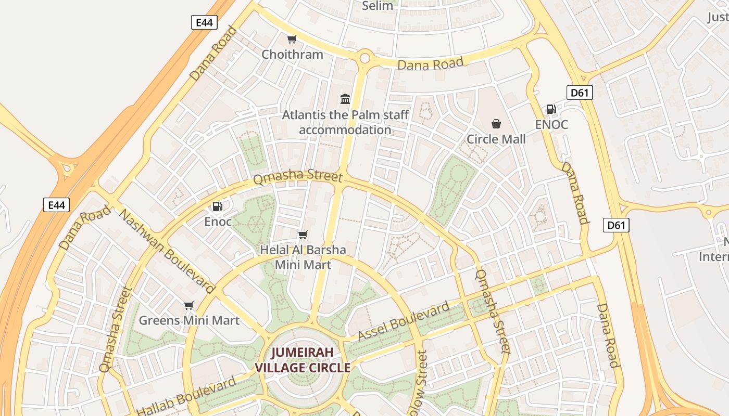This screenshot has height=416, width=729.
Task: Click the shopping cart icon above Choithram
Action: (x=292, y=40)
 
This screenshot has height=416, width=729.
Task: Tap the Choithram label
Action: (x=292, y=54)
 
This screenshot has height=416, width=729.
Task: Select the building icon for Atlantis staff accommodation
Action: (x=345, y=99)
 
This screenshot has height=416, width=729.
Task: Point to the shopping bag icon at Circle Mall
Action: (x=496, y=124)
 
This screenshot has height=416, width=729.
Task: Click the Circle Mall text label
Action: (x=496, y=139)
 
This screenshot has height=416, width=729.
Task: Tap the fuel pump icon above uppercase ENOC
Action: (x=551, y=109)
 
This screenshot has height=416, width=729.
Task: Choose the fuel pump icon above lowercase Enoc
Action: (x=218, y=206)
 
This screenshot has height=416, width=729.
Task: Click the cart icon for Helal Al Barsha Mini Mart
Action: (x=303, y=235)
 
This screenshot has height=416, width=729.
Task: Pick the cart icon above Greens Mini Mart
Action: (x=189, y=306)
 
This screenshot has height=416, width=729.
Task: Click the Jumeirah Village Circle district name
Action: (x=302, y=360)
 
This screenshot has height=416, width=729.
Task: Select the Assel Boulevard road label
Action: (x=404, y=321)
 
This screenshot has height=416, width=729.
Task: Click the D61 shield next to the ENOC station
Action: (x=579, y=93)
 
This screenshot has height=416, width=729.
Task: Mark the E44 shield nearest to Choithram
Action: (x=204, y=22)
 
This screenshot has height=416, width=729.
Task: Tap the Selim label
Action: (x=377, y=6)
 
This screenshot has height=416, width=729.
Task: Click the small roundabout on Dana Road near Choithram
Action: (x=364, y=58)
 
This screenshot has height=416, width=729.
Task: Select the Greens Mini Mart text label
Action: (x=189, y=320)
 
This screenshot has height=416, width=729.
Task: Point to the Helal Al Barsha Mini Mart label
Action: (x=303, y=257)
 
